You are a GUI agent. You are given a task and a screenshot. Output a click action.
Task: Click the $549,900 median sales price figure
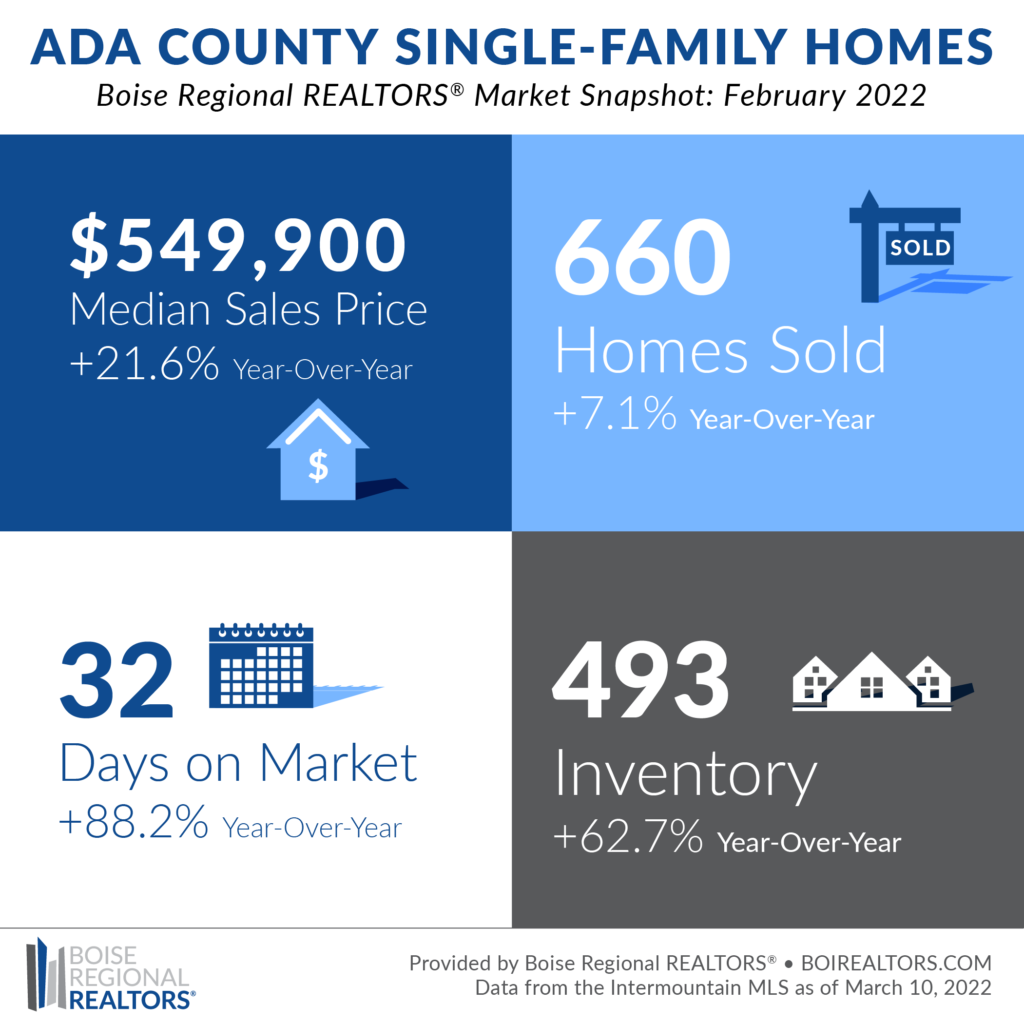coord(238,245)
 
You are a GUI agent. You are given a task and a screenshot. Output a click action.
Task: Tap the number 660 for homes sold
coord(642,257)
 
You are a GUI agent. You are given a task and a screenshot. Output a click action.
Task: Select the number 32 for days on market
coord(116,679)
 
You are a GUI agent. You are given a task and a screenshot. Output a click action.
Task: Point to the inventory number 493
coord(640,679)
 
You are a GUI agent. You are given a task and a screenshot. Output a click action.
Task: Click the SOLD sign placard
coord(920,248)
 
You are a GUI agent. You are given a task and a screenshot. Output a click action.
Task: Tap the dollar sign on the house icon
coord(318,466)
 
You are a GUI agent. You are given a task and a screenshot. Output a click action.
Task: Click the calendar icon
coord(261,665)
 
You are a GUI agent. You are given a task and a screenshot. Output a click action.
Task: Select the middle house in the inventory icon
coord(871,682)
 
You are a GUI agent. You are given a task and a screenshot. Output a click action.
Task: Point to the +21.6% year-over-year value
coord(144,363)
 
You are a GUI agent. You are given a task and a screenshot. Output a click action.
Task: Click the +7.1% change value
coord(615,413)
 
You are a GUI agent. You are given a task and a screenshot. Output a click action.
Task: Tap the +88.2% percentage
coord(133,822)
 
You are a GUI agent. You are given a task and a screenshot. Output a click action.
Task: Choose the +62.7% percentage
coord(628,837)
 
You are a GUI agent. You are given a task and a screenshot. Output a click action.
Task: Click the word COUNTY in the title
coord(268,47)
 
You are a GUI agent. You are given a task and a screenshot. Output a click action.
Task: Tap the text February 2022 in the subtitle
coord(825,95)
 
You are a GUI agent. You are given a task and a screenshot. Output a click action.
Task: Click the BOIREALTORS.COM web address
coord(896,963)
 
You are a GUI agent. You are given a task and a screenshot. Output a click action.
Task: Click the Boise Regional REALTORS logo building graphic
coord(46,974)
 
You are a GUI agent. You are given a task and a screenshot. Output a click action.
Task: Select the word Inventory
coord(686,776)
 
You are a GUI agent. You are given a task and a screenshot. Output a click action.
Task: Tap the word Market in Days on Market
coord(338,762)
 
